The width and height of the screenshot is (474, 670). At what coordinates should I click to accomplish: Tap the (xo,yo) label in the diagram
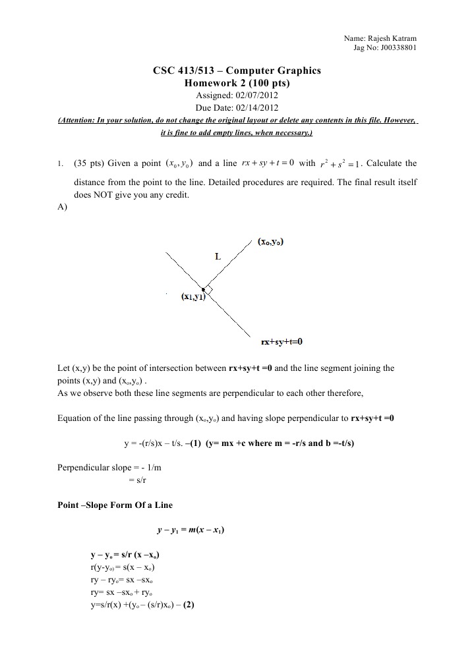[270, 242]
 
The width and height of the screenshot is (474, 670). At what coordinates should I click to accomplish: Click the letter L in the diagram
[218, 256]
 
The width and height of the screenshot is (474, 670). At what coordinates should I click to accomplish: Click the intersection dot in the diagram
[204, 289]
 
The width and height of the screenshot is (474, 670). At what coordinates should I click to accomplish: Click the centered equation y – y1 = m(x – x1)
[191, 530]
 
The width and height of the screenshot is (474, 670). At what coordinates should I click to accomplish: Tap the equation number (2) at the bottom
[189, 603]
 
